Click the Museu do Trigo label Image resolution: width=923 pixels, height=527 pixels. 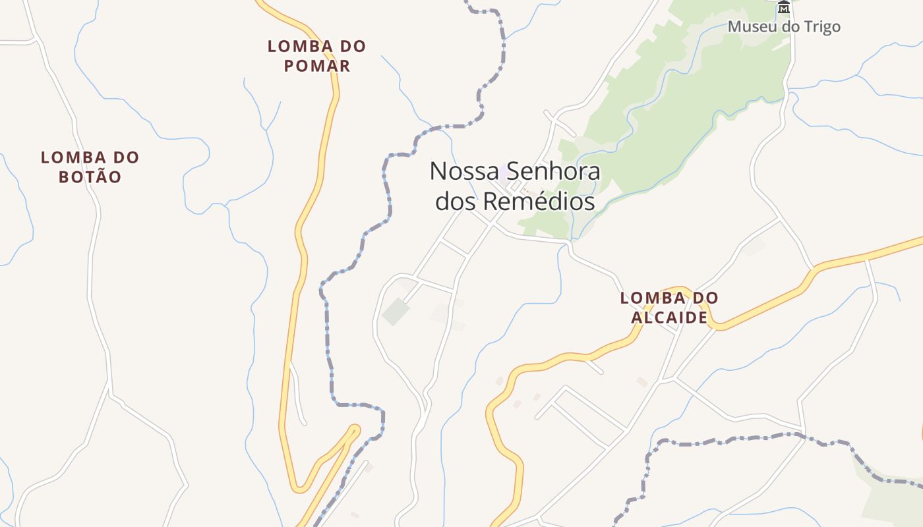(x=784, y=27)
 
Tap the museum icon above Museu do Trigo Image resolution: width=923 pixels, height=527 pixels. (x=784, y=7)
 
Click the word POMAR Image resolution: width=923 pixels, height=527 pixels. (x=316, y=66)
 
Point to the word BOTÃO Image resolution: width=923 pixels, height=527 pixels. (x=90, y=177)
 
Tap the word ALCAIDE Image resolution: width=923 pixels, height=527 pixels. (x=669, y=318)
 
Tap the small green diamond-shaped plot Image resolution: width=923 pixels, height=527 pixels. (x=396, y=312)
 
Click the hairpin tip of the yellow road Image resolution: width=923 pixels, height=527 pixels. (x=355, y=429)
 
